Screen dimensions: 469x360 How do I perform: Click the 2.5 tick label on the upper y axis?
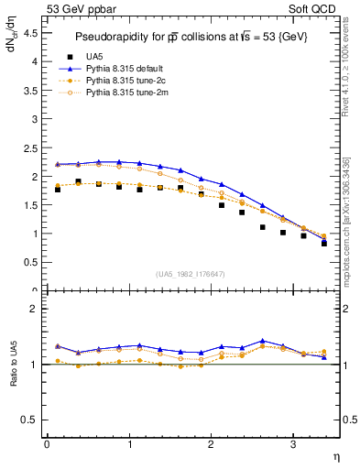click(32, 147)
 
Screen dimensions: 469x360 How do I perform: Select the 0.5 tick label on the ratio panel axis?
click(32, 420)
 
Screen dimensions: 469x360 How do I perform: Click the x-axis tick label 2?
click(211, 444)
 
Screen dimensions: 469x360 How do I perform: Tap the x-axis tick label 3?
click(292, 444)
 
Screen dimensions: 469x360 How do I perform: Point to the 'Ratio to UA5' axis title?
click(14, 377)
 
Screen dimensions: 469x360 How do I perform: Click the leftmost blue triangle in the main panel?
click(58, 164)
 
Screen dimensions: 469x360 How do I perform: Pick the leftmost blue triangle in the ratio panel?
click(58, 346)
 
